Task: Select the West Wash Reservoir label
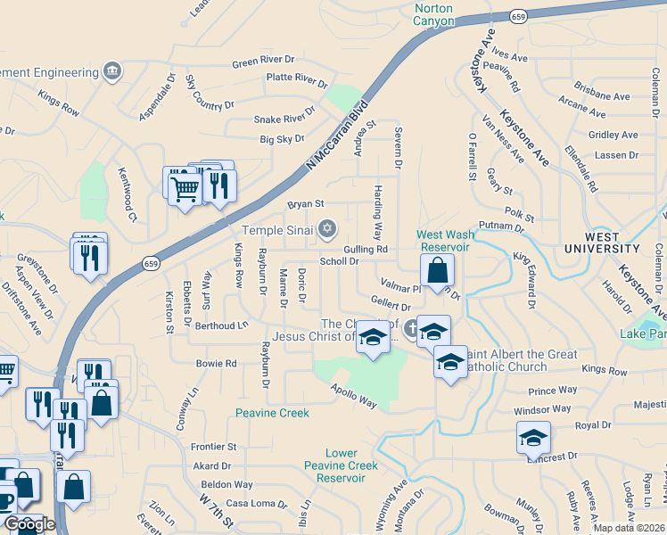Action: point(443,241)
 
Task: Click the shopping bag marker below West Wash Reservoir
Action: point(438,271)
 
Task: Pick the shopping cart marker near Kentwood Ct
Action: point(185,188)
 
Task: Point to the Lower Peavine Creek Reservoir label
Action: point(341,465)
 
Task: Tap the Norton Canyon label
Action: point(433,14)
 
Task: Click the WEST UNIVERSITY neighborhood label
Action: point(613,243)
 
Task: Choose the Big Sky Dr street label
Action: point(282,139)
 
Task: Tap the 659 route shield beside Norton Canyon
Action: point(518,17)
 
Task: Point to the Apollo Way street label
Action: point(354,397)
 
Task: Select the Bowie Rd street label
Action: point(216,364)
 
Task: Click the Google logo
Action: point(30,524)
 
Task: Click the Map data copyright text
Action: point(629,527)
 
